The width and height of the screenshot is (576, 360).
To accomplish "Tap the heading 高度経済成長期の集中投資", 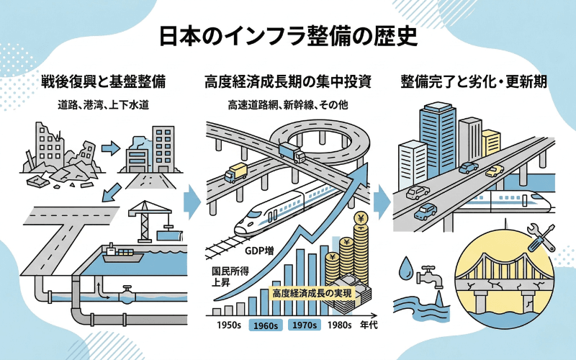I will coord(287,81).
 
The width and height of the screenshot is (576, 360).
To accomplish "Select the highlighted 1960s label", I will coord(266,325).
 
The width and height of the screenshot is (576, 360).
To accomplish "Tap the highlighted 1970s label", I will coord(303,325).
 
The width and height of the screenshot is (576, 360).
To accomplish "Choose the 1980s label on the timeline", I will coord(340,325).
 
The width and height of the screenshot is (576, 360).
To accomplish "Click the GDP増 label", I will coord(258,252).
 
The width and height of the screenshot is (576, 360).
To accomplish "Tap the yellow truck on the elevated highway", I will coord(235,174).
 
